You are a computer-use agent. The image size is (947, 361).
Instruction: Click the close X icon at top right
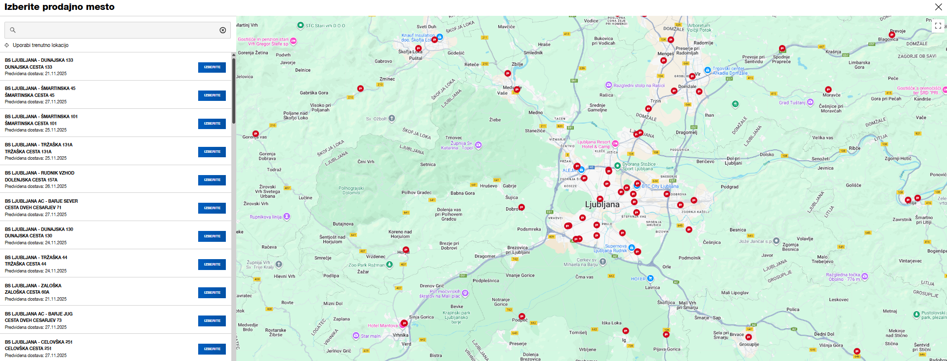coord(938,7)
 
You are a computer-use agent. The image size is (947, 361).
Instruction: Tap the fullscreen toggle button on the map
coord(938,26)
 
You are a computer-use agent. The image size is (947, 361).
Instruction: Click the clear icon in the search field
coord(223,30)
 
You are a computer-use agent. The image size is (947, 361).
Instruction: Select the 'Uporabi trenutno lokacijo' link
coord(41,45)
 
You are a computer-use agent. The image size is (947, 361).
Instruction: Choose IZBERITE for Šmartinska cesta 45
coord(212,95)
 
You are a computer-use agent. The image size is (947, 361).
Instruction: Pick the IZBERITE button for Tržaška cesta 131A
coord(212,152)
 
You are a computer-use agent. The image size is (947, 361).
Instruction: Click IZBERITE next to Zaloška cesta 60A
coord(212,293)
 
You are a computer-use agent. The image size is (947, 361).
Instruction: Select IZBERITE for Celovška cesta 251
coord(212,349)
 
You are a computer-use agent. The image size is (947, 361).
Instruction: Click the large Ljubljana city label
coord(602,204)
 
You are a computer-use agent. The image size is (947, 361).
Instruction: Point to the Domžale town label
coord(687,87)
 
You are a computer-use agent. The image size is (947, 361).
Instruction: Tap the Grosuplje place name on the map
coord(749,344)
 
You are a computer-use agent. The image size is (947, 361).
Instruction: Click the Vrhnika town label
coord(400,335)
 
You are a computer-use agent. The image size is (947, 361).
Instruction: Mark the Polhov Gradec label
coord(416,192)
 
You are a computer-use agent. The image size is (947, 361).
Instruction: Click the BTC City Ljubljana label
coord(660,186)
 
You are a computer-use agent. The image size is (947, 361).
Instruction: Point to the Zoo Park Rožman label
coord(366,265)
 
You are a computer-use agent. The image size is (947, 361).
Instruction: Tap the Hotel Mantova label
coord(383,325)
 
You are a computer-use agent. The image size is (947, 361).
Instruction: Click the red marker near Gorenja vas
coord(256,134)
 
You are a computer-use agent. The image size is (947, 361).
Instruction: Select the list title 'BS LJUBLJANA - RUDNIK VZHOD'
coord(40,173)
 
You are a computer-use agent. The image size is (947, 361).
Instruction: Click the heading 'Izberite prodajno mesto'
coord(59,7)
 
